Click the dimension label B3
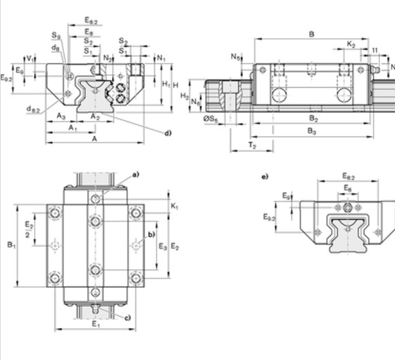click(x=311, y=131)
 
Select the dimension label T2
click(x=252, y=145)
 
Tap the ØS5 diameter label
click(x=211, y=120)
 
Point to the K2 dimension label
click(x=351, y=44)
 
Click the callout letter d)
click(x=167, y=132)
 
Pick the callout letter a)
click(x=135, y=175)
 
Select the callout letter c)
click(x=127, y=317)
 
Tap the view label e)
click(x=265, y=177)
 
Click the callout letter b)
click(x=152, y=235)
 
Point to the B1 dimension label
click(x=11, y=245)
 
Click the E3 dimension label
click(x=162, y=246)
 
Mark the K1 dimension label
click(x=175, y=205)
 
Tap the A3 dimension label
click(x=61, y=116)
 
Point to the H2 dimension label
click(x=184, y=96)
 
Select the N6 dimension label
click(x=195, y=102)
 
